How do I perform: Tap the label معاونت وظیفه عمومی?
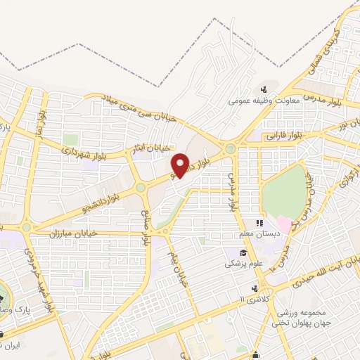pos(264,101)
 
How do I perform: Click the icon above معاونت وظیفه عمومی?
pos(264,89)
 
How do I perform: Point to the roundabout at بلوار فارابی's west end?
pos(230,148)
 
